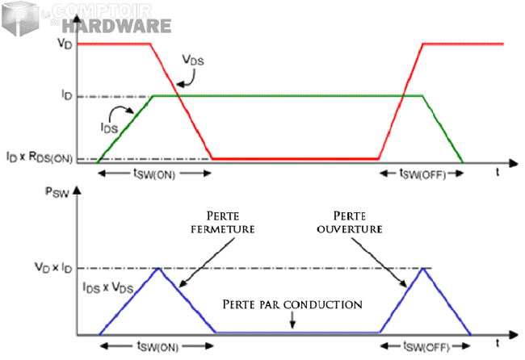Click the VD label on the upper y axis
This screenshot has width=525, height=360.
65,44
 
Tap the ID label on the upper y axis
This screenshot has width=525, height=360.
67,96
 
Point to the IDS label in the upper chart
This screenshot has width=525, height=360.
108,127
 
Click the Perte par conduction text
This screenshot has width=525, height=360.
292,305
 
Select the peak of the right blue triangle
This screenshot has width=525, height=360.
422,269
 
